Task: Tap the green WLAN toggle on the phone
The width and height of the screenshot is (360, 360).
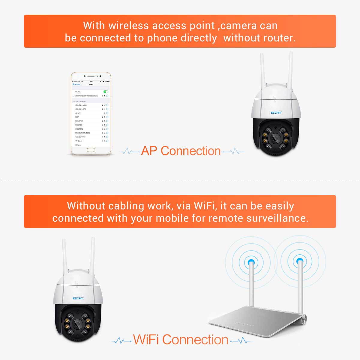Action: pos(106,91)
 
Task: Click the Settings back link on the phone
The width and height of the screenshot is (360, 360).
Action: pos(77,84)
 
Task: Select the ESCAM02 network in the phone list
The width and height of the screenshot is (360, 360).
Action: pos(79,121)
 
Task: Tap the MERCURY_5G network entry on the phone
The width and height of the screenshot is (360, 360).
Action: pos(82,133)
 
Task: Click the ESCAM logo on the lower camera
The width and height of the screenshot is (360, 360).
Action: pos(78,298)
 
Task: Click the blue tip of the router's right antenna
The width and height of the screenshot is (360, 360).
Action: pos(299,261)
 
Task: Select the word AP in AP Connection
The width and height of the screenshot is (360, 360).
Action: pos(149,151)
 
